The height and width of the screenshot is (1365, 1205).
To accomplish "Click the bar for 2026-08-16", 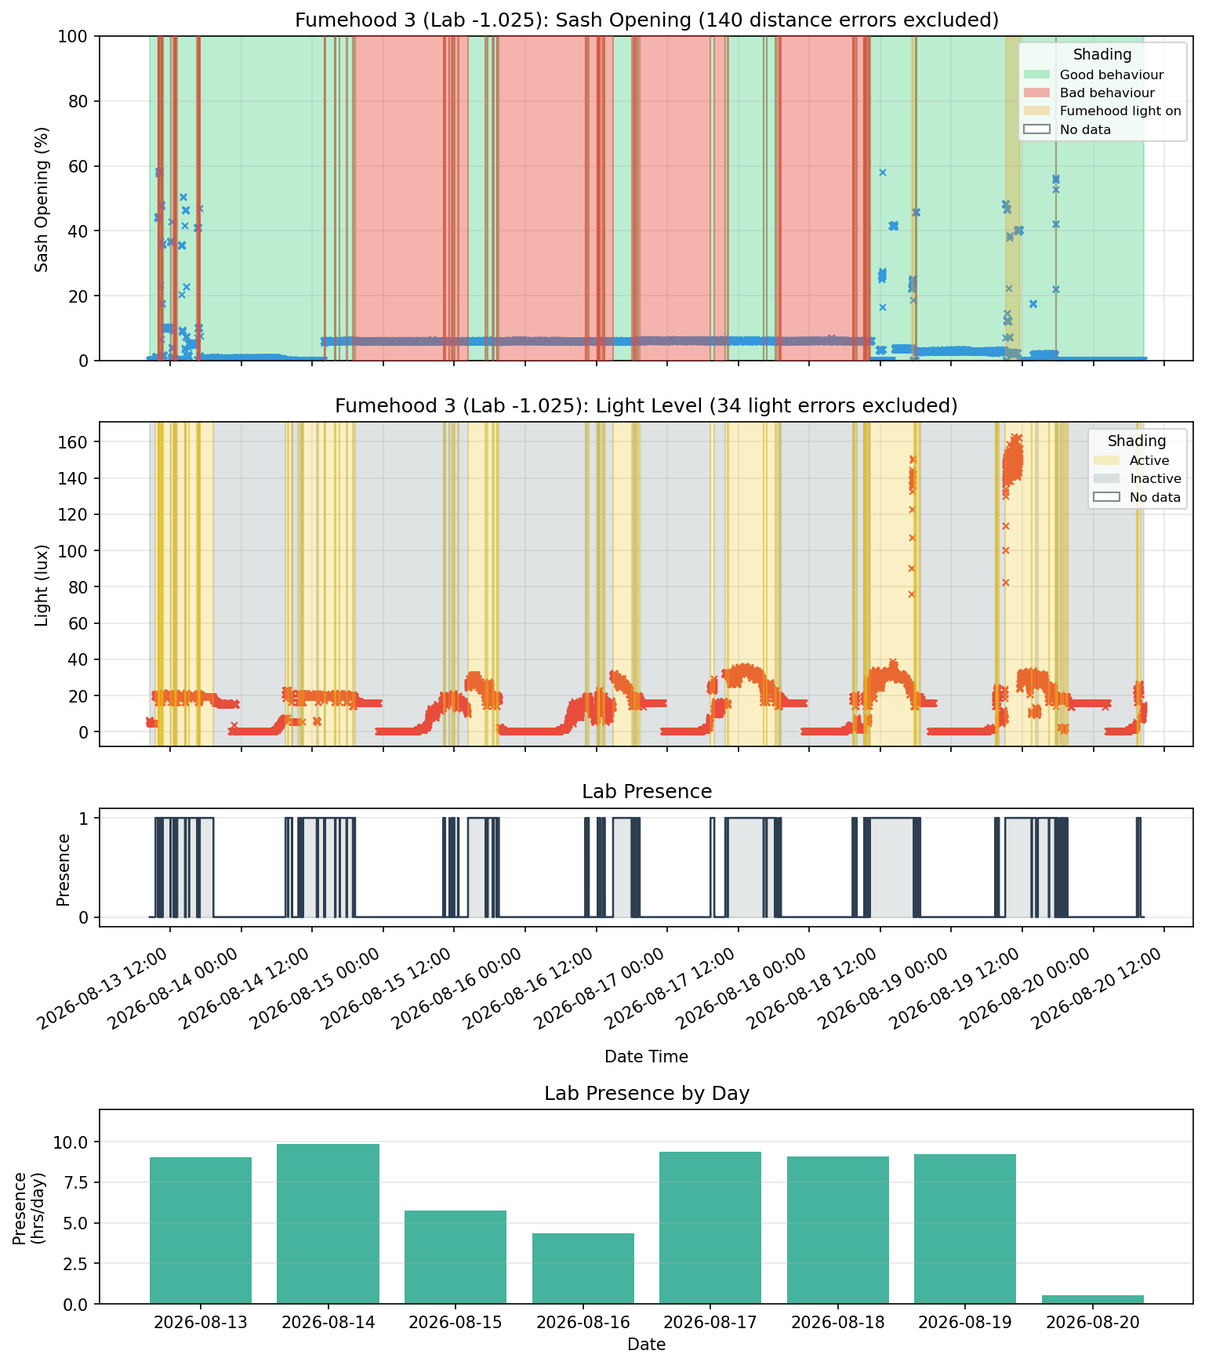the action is [583, 1269].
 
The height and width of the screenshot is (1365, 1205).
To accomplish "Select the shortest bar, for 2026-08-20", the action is [1093, 1299].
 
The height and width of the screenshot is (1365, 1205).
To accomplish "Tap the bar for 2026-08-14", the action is [328, 1224].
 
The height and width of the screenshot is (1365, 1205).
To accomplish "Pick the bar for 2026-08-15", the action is [456, 1257].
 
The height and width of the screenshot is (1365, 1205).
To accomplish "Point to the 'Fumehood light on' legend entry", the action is [1102, 111].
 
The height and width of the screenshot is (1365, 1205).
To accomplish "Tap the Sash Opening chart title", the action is [647, 20].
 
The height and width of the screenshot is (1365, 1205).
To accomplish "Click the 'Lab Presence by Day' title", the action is [647, 1094].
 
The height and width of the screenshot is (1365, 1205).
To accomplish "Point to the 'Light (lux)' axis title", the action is [42, 585].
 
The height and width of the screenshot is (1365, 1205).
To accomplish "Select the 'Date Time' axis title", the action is [647, 1057].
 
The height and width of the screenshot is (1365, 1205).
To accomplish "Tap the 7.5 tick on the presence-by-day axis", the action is [80, 1183].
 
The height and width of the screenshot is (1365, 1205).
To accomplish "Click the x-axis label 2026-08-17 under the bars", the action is [710, 1323].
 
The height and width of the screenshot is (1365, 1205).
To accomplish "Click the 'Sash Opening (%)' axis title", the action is [42, 199].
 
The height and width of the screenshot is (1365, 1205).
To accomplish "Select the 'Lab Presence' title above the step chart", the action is [647, 792].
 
